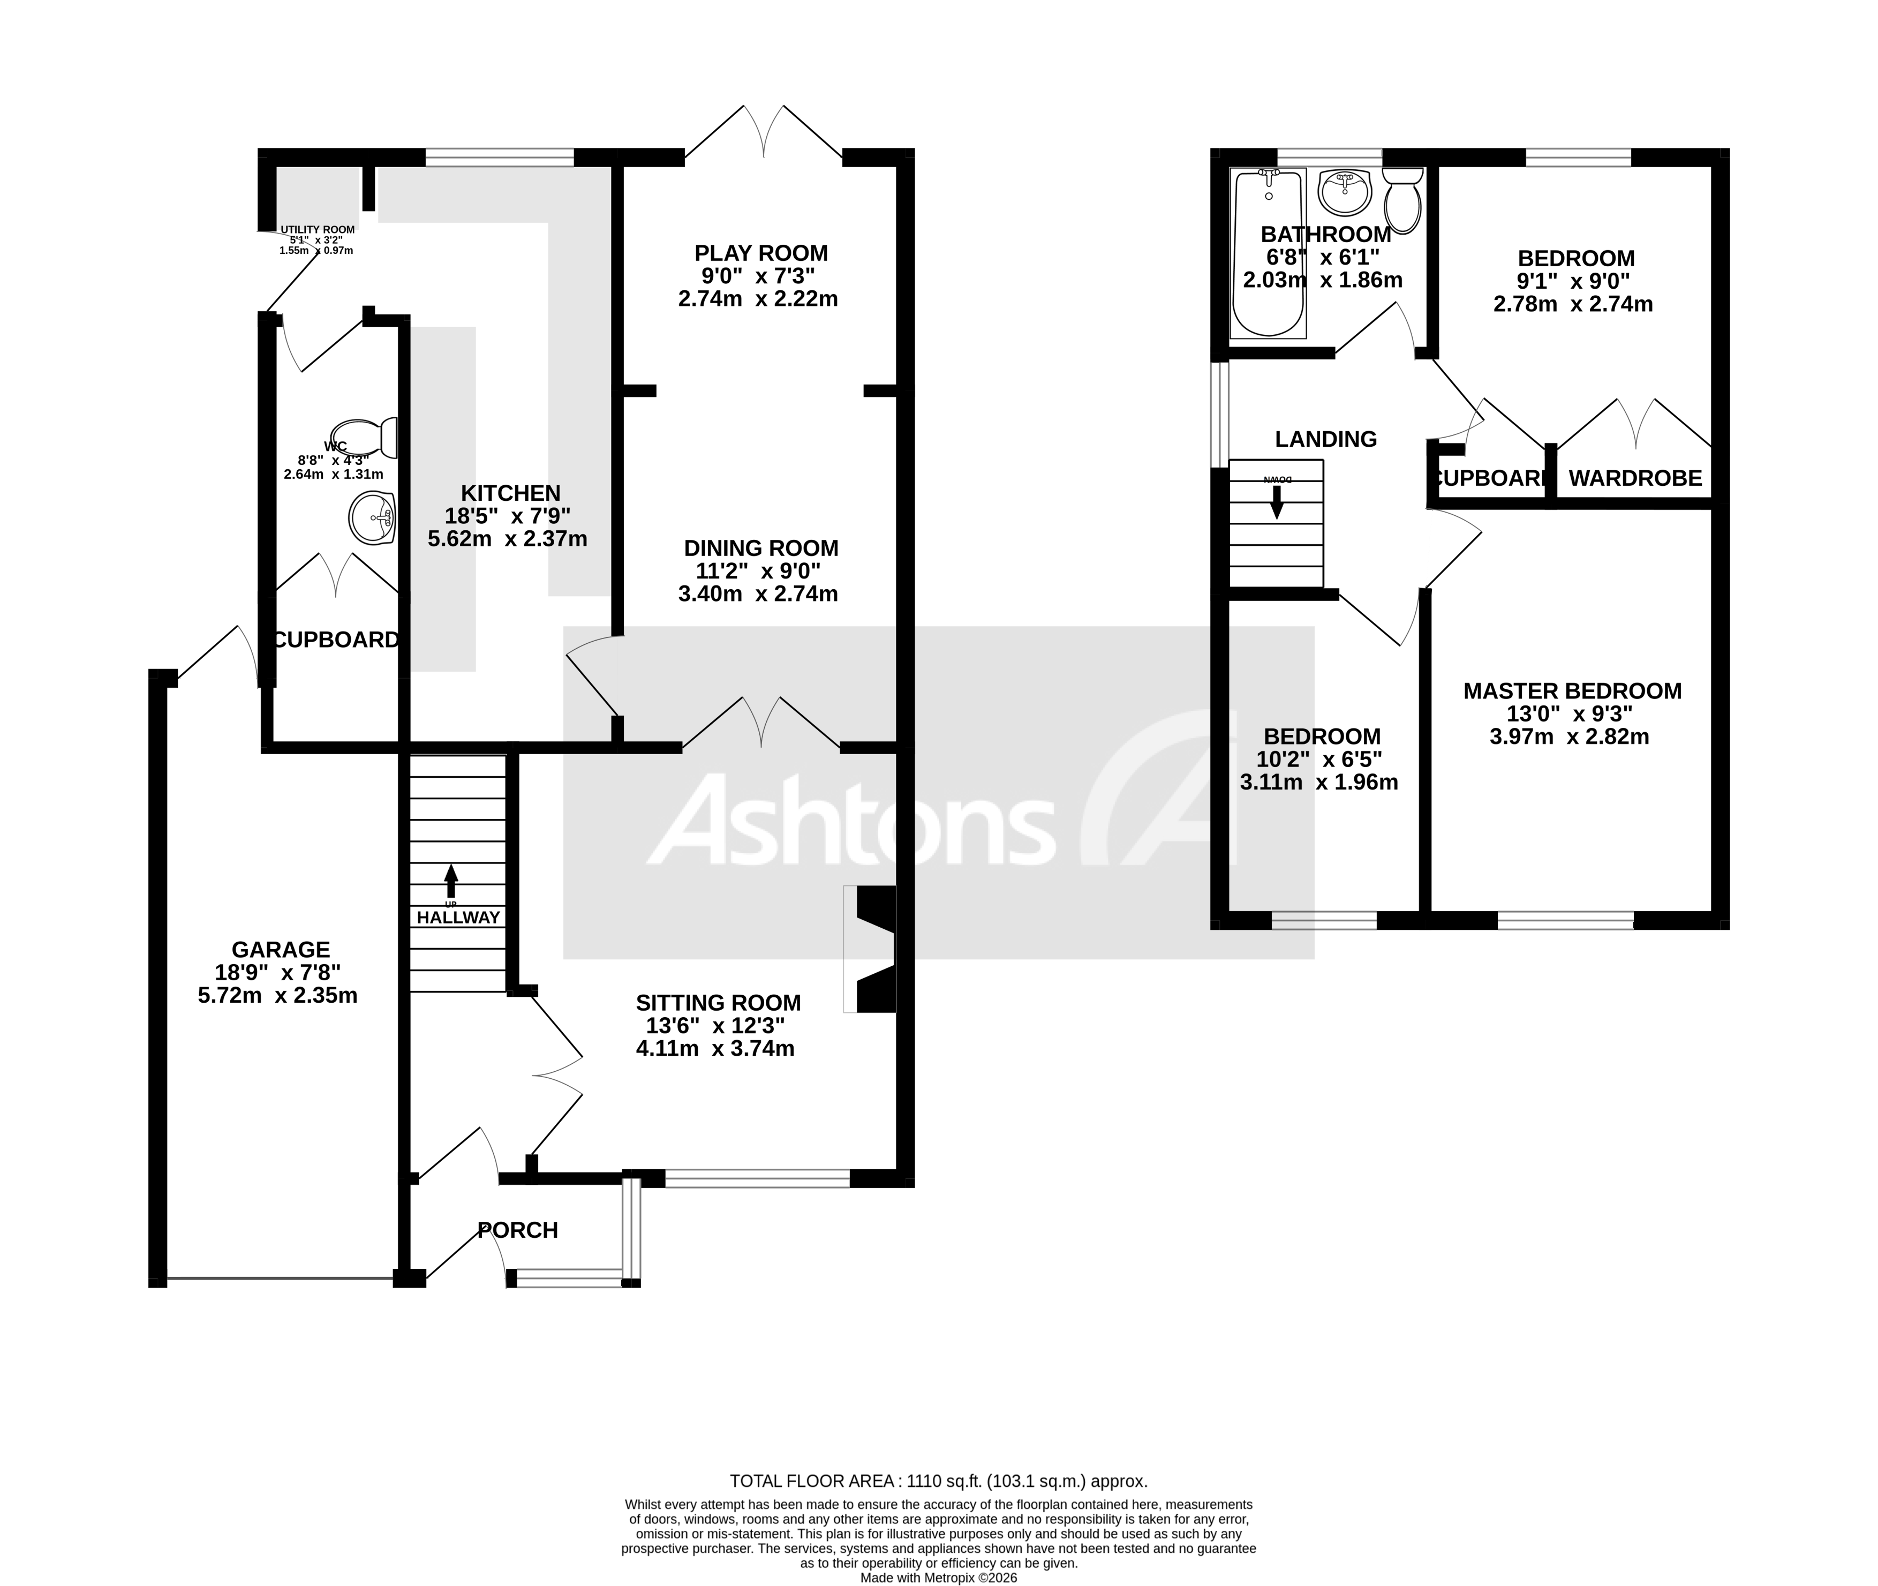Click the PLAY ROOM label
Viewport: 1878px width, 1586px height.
pyautogui.click(x=760, y=253)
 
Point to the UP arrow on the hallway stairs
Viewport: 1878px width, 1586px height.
pyautogui.click(x=450, y=880)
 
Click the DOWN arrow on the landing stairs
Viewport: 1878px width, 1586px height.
pyautogui.click(x=1277, y=499)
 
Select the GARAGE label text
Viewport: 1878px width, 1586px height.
pyautogui.click(x=281, y=950)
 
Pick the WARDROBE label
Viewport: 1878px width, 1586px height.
pyautogui.click(x=1634, y=478)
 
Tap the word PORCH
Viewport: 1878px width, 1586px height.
pyautogui.click(x=518, y=1230)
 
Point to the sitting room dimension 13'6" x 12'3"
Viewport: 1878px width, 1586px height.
pyautogui.click(x=715, y=1026)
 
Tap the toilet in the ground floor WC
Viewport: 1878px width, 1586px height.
pyautogui.click(x=364, y=437)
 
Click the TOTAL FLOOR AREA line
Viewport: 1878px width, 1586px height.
pyautogui.click(x=938, y=1481)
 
